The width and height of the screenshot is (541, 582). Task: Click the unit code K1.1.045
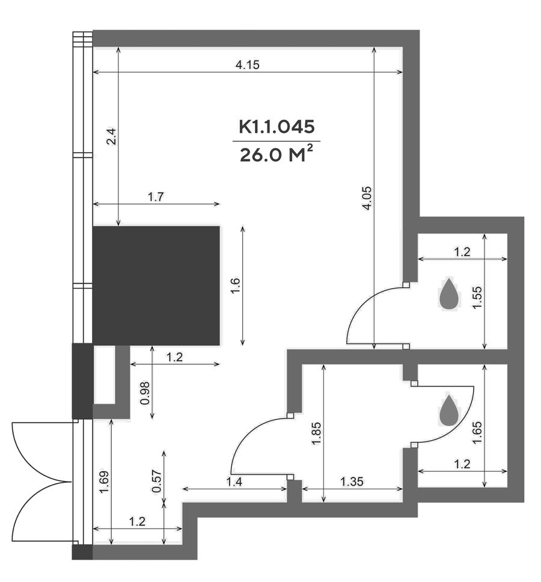click(277, 127)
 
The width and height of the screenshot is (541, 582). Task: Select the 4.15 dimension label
click(248, 65)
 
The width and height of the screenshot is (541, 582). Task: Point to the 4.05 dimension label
click(367, 198)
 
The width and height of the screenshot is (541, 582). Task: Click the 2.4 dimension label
click(112, 136)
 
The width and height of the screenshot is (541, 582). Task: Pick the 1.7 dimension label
click(156, 197)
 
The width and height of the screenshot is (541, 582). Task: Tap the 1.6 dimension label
click(236, 286)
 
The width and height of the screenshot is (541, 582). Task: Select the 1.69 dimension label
click(104, 482)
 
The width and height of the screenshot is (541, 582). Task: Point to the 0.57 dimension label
click(156, 482)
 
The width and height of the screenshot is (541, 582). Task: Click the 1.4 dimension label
click(234, 482)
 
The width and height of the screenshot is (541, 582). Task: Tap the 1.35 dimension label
click(352, 482)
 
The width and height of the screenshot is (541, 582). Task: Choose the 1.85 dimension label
click(316, 433)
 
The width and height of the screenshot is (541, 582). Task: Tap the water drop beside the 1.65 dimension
click(449, 411)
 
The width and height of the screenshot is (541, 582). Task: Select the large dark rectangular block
click(156, 286)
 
